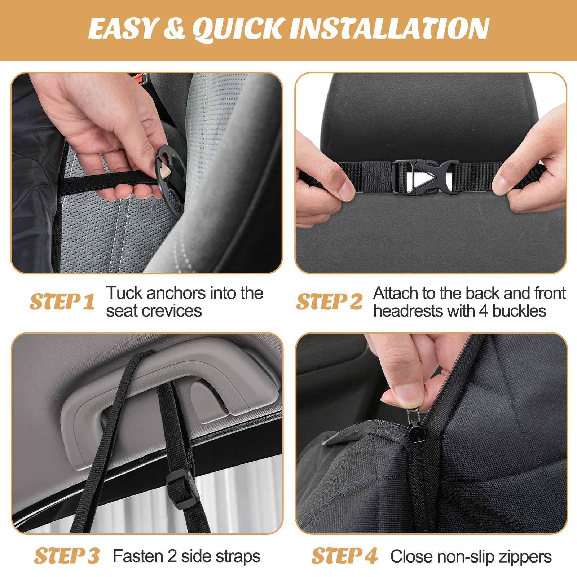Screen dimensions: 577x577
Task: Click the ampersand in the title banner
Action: pyautogui.click(x=174, y=29)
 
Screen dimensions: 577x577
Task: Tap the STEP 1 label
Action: pyautogui.click(x=62, y=301)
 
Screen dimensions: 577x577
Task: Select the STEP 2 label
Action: pyautogui.click(x=329, y=301)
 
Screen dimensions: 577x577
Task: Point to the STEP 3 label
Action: pyautogui.click(x=67, y=556)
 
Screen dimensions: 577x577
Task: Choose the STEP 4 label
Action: pyautogui.click(x=344, y=556)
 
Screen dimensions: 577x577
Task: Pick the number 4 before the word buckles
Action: pyautogui.click(x=484, y=311)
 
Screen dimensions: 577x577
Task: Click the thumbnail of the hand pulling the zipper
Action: pyautogui.click(x=431, y=433)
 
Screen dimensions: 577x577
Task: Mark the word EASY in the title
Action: pyautogui.click(x=123, y=29)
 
